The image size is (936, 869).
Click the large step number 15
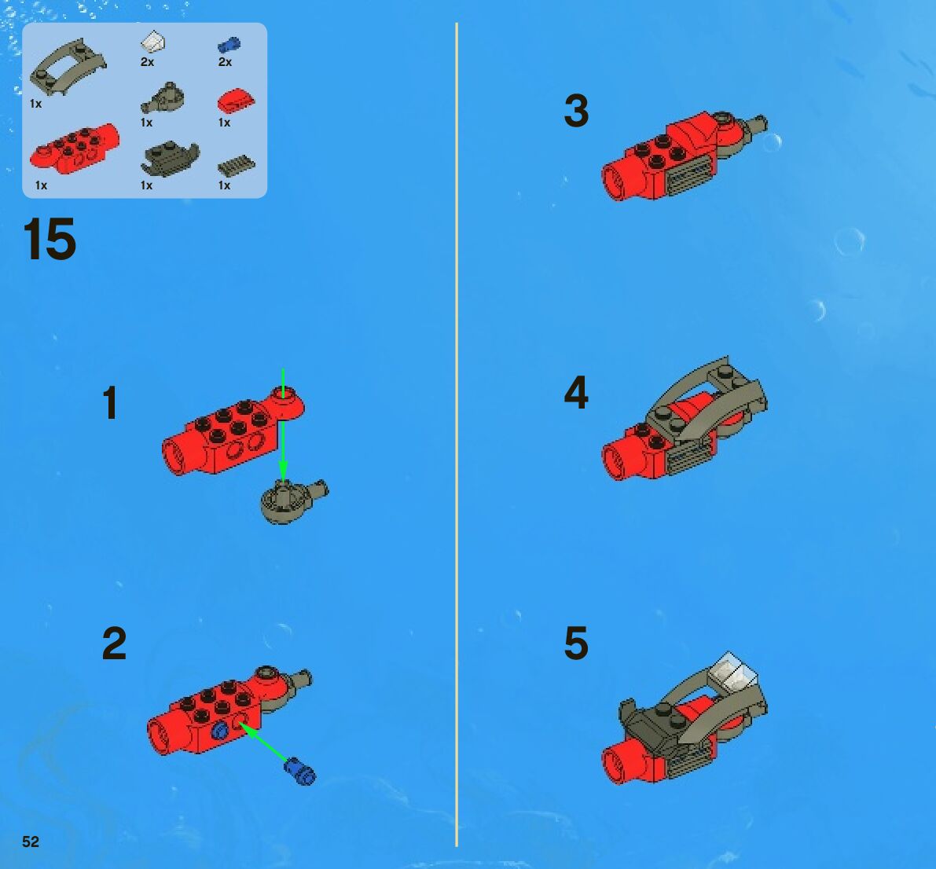[50, 239]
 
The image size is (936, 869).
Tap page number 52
[31, 841]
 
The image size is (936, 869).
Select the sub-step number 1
[110, 403]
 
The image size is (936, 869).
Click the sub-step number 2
[114, 643]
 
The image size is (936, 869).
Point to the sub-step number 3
[576, 111]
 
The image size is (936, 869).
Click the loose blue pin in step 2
[300, 771]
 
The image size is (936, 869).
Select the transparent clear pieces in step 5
[734, 670]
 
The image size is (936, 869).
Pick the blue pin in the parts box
[229, 46]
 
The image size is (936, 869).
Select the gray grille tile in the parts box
[237, 165]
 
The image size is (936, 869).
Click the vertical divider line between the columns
[457, 434]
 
